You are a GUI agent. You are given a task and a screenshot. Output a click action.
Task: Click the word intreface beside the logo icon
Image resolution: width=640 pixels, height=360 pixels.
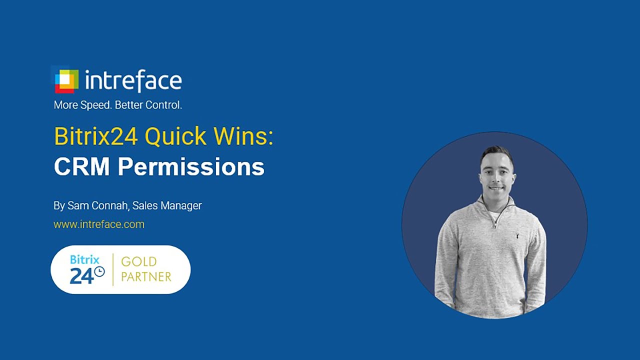[x=133, y=80]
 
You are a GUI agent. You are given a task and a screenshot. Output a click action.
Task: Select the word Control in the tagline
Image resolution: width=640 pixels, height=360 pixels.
[x=163, y=105]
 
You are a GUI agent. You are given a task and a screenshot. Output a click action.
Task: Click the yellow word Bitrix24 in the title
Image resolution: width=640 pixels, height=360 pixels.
[x=95, y=136]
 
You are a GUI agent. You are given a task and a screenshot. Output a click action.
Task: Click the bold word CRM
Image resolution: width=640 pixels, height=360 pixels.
[x=82, y=167]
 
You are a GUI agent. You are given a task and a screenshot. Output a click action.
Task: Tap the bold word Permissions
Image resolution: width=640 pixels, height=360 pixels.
[x=190, y=167]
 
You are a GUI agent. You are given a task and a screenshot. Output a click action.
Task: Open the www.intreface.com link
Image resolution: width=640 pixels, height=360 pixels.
[x=99, y=224]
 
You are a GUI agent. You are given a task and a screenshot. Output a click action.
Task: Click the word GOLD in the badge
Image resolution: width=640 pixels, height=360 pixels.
[x=139, y=261]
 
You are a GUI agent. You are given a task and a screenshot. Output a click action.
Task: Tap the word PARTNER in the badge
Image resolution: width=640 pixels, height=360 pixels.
[x=146, y=276]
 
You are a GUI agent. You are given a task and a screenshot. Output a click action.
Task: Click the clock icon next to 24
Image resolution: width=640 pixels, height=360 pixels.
[x=99, y=271]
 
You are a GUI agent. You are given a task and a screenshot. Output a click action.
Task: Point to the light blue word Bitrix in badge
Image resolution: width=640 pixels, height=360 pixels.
[x=84, y=259]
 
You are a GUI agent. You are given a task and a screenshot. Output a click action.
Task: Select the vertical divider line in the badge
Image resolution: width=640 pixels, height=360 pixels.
[x=113, y=269]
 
